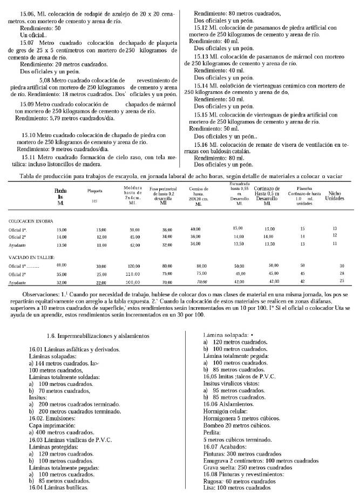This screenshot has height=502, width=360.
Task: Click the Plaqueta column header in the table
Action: [95, 191]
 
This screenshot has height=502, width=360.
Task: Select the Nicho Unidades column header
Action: [334, 195]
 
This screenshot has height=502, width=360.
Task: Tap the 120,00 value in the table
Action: [134, 266]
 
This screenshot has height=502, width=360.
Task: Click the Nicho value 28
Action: [341, 274]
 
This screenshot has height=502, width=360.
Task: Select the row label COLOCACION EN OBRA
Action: [30, 221]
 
